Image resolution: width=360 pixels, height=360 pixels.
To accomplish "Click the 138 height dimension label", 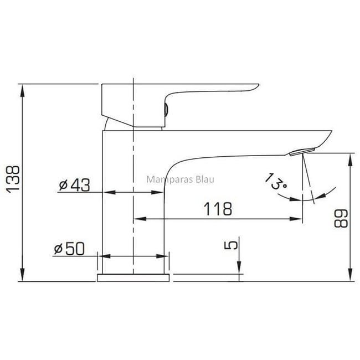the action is click(13, 179).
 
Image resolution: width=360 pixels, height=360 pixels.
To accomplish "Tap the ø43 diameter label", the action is click(74, 185).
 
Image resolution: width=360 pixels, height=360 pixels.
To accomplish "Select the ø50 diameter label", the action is click(69, 249).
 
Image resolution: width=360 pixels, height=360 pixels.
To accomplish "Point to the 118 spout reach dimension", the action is click(218, 209).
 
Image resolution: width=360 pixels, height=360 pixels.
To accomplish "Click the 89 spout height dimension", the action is click(341, 218).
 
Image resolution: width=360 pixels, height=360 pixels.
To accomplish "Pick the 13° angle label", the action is click(276, 181).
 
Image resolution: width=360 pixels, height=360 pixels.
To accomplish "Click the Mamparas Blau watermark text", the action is click(180, 179).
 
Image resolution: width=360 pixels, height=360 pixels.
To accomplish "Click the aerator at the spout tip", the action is click(302, 152).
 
